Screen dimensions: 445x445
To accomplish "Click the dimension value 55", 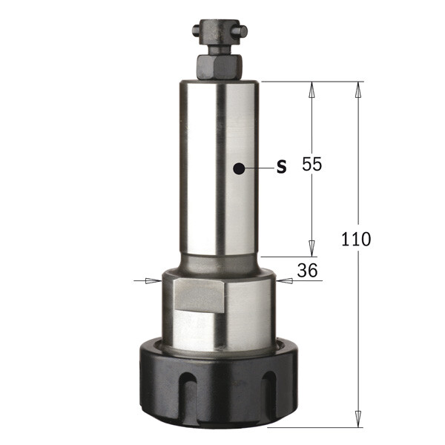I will [312, 165].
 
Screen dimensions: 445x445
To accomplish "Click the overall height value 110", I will [356, 240].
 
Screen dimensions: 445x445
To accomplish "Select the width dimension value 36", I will [306, 271].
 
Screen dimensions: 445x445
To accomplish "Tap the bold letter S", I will [281, 167].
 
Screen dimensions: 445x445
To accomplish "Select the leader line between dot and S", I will [258, 169].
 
